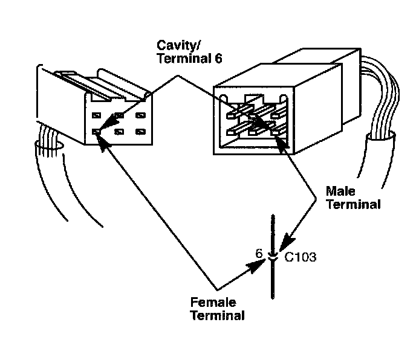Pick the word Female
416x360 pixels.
[213, 303]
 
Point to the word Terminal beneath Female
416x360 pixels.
[218, 315]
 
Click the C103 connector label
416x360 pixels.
[301, 257]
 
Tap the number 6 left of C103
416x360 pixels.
[259, 254]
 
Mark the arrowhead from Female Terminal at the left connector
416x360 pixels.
[100, 138]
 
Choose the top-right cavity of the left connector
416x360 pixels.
[140, 115]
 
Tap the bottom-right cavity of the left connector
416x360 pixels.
[140, 130]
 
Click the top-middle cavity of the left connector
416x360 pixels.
[119, 115]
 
